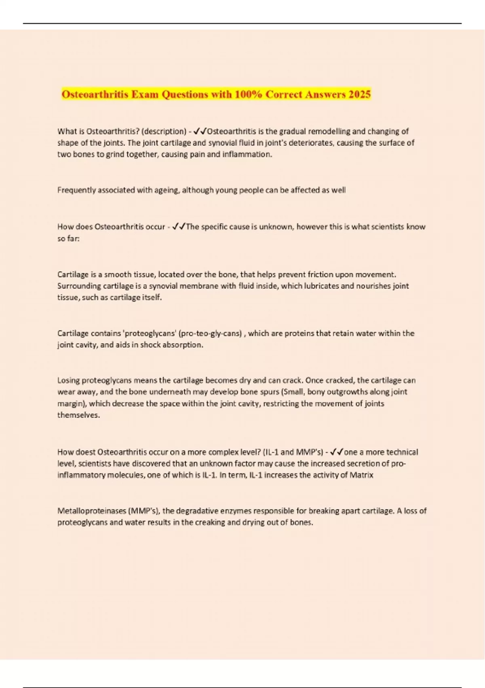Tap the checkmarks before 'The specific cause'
pyautogui.click(x=178, y=227)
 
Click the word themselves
pyautogui.click(x=78, y=415)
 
